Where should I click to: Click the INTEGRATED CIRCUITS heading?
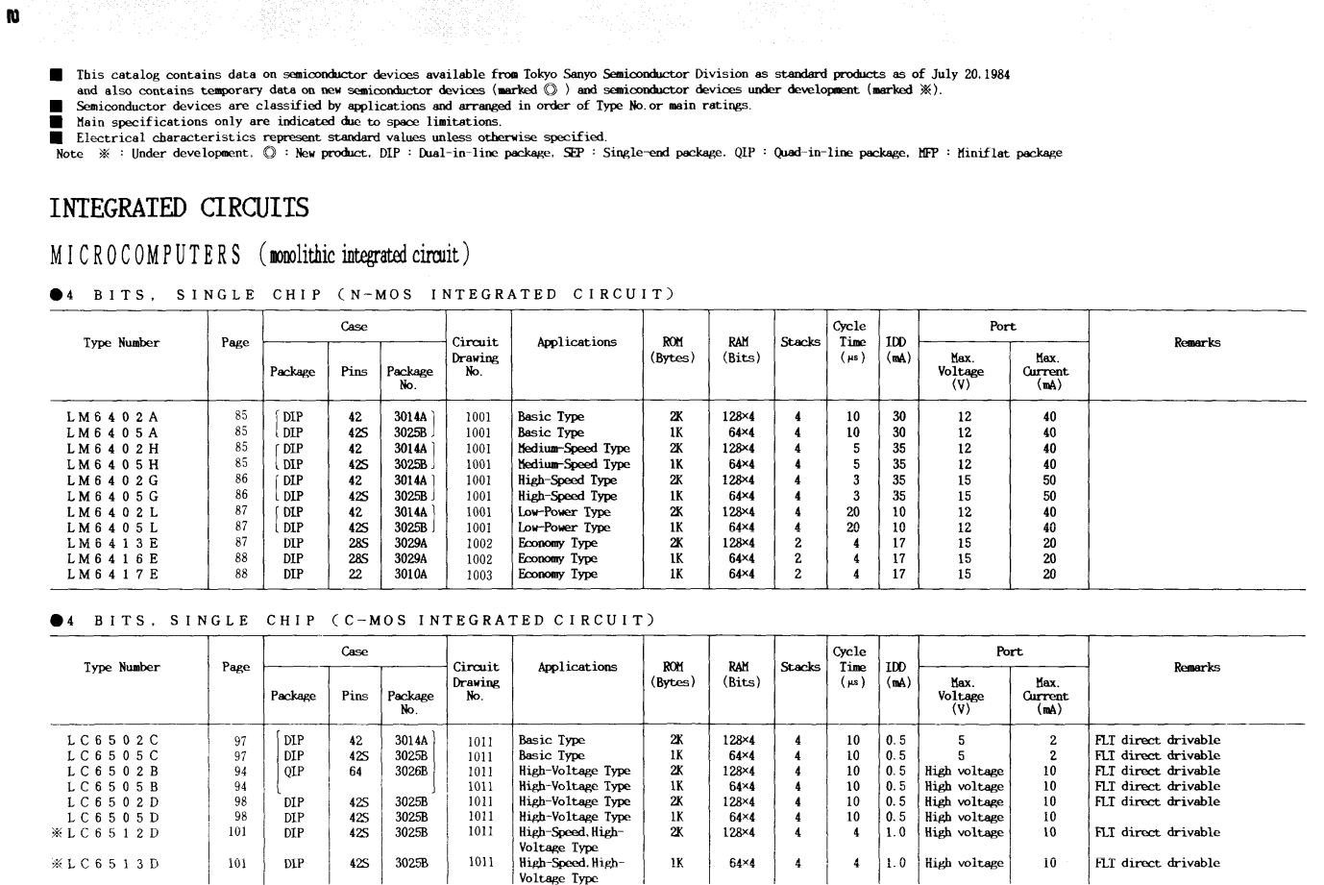tap(179, 209)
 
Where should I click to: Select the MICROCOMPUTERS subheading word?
tap(145, 255)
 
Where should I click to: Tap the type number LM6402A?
tap(112, 417)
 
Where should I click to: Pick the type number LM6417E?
tap(112, 575)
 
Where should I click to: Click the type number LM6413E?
tap(112, 543)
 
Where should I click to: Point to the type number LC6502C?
tap(112, 741)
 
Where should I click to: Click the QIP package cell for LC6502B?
tap(294, 772)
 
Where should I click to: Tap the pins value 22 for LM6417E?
tap(356, 575)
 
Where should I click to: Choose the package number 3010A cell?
tap(410, 575)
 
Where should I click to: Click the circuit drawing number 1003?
tap(478, 575)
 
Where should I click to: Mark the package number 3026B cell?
tap(411, 772)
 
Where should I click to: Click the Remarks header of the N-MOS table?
tap(1196, 342)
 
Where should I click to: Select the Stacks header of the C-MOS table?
tap(800, 667)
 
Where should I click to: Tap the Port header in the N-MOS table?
tap(1002, 327)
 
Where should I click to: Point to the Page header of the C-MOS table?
tap(235, 667)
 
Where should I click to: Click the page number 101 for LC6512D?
tap(237, 833)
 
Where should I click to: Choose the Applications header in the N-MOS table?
tap(576, 342)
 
